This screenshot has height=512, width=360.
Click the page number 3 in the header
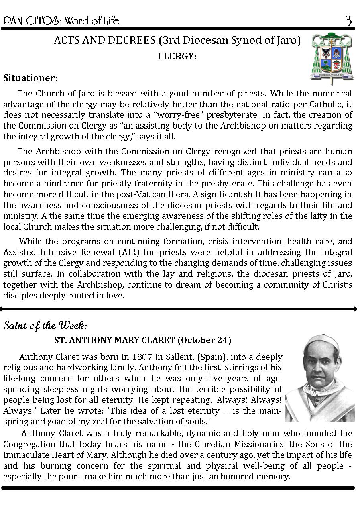[x=348, y=20]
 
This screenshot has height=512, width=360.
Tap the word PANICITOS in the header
[x=27, y=21]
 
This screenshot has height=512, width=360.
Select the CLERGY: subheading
[x=177, y=57]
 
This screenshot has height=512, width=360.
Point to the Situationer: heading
[x=31, y=78]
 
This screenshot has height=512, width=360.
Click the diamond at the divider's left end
[x=2, y=309]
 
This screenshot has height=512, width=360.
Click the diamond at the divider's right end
[x=355, y=309]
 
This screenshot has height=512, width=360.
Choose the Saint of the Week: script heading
[x=45, y=325]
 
